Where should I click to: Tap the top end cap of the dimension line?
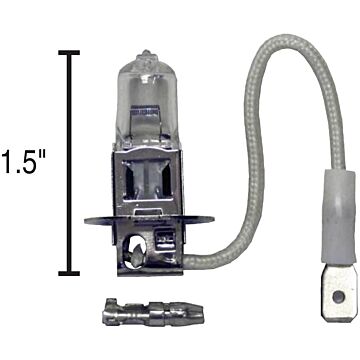69,51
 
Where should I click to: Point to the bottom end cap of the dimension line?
69,272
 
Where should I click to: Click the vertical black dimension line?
69,160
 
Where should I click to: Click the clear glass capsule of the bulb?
144,100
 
